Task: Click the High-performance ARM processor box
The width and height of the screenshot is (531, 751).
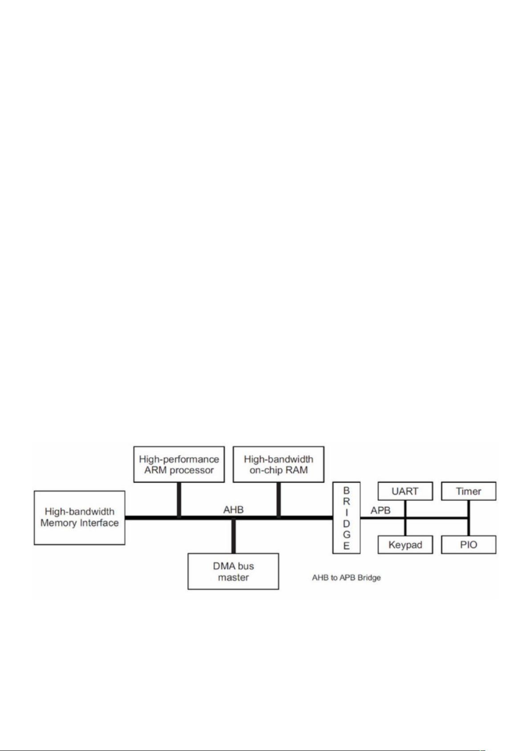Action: pyautogui.click(x=179, y=464)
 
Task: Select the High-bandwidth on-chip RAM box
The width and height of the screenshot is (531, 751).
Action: pyautogui.click(x=278, y=464)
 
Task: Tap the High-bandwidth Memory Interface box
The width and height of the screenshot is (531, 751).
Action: pyautogui.click(x=79, y=517)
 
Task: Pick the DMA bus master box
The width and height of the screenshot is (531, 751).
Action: pyautogui.click(x=233, y=571)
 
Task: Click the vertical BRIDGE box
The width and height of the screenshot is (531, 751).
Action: pyautogui.click(x=347, y=517)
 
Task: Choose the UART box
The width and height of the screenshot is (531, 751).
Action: pyautogui.click(x=405, y=491)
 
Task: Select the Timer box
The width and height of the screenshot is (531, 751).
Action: pyautogui.click(x=469, y=491)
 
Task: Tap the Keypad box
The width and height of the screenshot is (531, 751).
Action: pyautogui.click(x=405, y=545)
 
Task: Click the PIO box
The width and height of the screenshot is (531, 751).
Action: pyautogui.click(x=469, y=545)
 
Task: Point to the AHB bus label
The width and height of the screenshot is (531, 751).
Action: pyautogui.click(x=233, y=509)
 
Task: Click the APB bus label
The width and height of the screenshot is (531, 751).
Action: pyautogui.click(x=380, y=510)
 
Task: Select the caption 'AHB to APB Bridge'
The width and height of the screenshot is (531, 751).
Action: pyautogui.click(x=347, y=578)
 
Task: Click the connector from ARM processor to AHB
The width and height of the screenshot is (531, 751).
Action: pyautogui.click(x=179, y=500)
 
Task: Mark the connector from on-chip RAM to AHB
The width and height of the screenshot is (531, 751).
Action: pyautogui.click(x=278, y=500)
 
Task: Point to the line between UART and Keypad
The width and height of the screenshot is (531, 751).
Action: pyautogui.click(x=405, y=518)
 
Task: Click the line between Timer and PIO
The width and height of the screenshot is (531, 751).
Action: pyautogui.click(x=469, y=518)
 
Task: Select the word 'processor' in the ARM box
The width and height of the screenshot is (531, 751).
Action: pyautogui.click(x=192, y=470)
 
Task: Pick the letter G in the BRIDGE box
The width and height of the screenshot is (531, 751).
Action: pyautogui.click(x=347, y=535)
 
